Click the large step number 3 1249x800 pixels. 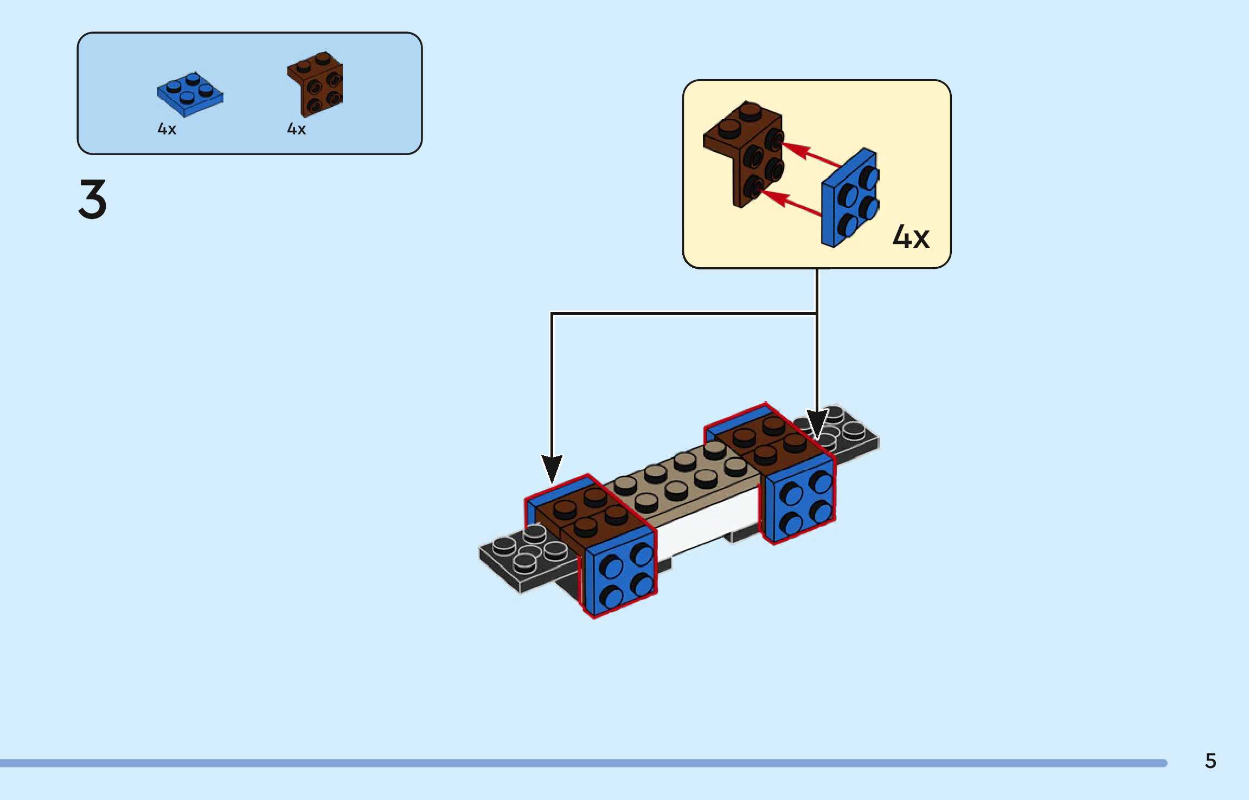coord(93,199)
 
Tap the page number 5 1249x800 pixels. coord(1210,760)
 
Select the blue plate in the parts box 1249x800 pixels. coord(190,94)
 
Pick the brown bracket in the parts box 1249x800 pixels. coord(315,84)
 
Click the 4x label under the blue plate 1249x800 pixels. coord(166,129)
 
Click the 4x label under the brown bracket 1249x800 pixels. coord(296,129)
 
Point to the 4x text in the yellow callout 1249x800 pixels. coord(911,237)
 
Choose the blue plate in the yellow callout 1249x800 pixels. coord(850,198)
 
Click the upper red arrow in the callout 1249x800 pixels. coord(809,154)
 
